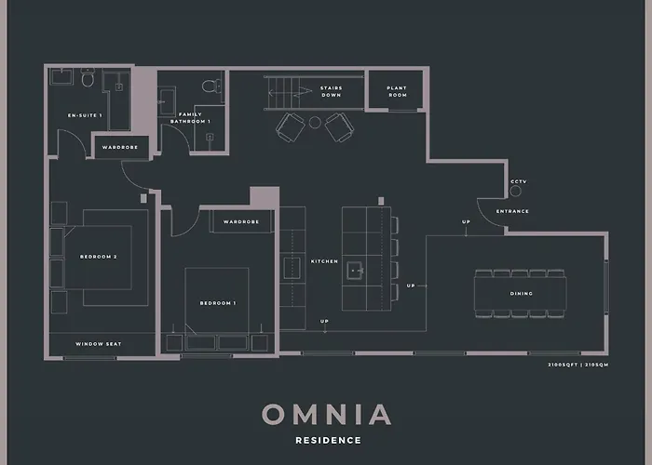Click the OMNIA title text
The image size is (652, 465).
326,414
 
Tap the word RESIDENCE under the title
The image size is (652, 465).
326,440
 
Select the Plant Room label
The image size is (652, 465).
397,91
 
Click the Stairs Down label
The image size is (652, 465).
331,91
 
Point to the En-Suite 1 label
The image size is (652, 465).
85,115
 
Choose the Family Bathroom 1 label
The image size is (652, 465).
195,118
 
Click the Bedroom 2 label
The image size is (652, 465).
98,256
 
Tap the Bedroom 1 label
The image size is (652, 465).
217,303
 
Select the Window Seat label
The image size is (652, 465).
99,344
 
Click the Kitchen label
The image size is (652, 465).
324,261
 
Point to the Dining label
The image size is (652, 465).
522,294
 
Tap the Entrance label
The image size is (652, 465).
512,211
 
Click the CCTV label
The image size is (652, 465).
519,181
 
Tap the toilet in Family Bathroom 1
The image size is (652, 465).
210,87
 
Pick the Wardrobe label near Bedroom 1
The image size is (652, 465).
241,222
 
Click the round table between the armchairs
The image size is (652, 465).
315,122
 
